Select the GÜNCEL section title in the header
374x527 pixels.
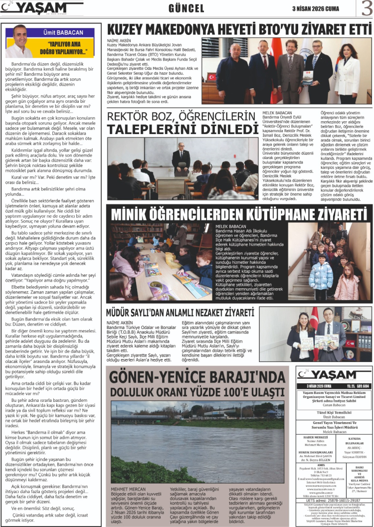pos(187,9)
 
